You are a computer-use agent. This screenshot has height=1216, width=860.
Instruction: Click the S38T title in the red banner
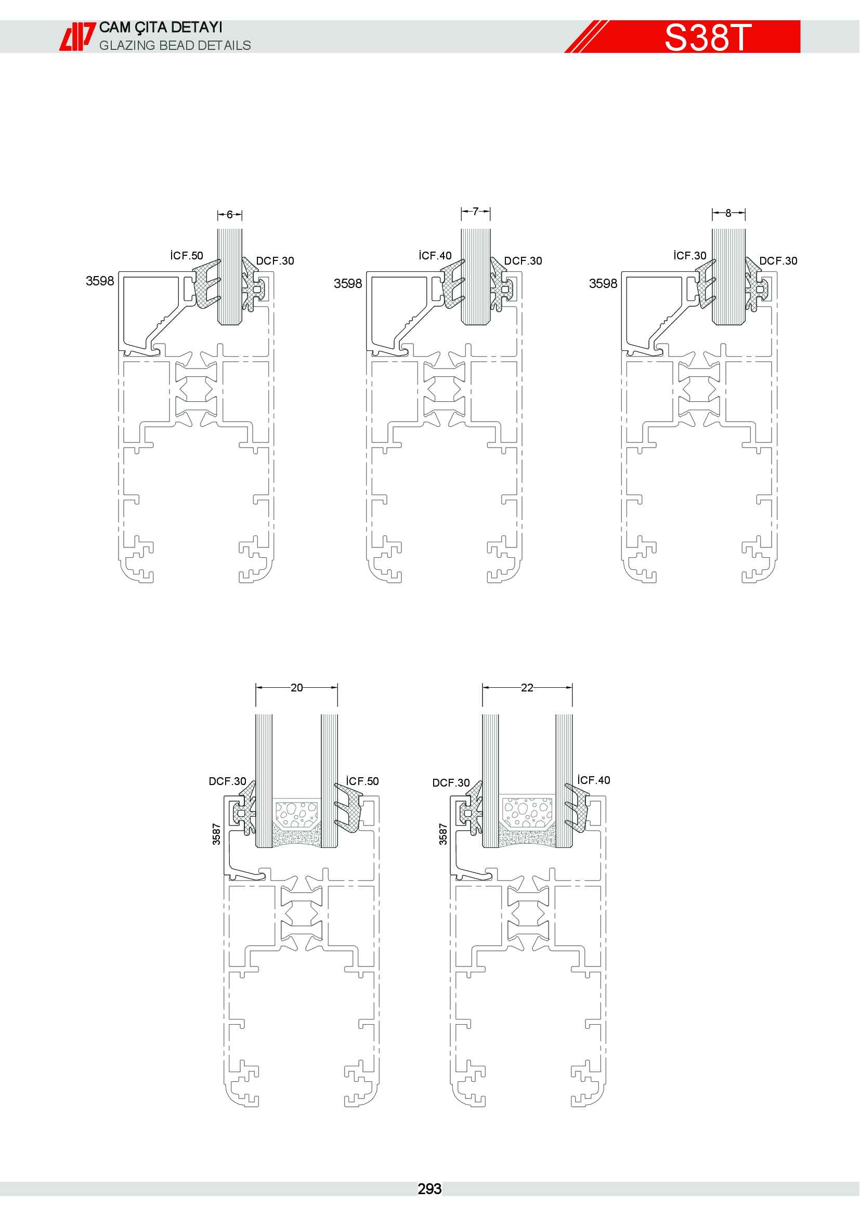tap(708, 37)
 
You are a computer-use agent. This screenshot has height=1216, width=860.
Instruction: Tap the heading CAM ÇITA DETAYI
tap(161, 28)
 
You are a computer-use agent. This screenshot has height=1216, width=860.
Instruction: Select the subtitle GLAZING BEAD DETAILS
tap(175, 46)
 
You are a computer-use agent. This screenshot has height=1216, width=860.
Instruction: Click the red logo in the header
tap(77, 36)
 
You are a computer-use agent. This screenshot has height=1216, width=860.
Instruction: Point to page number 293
tap(429, 1189)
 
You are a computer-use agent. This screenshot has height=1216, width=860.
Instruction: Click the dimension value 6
tap(229, 215)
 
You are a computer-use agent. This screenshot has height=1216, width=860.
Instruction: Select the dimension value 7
tap(475, 212)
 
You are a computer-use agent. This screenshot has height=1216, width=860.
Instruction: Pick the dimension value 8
tap(728, 213)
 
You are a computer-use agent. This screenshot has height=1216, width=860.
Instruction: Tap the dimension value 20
tap(296, 687)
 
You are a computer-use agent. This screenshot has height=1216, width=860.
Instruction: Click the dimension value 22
tap(527, 687)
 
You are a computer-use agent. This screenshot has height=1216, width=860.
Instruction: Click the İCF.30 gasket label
tap(690, 256)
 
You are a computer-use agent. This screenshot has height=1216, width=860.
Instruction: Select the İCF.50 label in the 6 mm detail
tap(187, 256)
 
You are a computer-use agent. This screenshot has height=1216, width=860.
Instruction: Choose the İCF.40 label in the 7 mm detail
tap(435, 256)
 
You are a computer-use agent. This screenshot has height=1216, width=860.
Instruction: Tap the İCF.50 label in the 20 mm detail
tap(362, 781)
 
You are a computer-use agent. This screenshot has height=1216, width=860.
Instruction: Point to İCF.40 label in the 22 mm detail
tap(594, 780)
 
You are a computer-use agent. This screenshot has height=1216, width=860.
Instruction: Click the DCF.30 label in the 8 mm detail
tap(778, 261)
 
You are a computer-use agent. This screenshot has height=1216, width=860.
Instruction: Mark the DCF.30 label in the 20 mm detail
tap(227, 781)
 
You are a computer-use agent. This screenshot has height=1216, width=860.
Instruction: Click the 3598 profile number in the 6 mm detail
tap(100, 281)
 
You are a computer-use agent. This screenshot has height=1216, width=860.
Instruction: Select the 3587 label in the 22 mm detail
tap(442, 833)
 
